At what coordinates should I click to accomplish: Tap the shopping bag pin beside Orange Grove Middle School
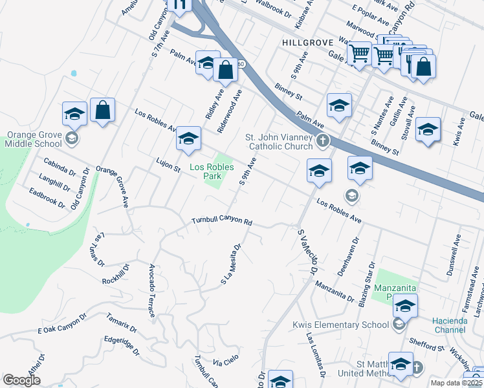(x=102, y=111)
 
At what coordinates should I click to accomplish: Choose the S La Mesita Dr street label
(x=231, y=264)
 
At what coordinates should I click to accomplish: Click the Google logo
(x=21, y=380)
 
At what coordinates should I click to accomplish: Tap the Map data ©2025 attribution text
(x=456, y=383)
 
